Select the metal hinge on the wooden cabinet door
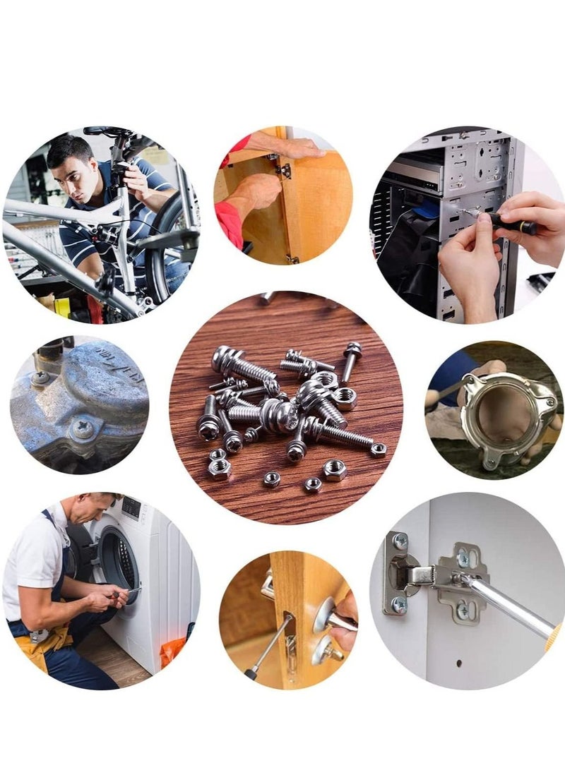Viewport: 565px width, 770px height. click(x=285, y=170)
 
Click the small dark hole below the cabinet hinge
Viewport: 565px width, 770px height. click(x=457, y=663)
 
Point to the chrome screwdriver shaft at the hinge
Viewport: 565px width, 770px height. click(x=509, y=607)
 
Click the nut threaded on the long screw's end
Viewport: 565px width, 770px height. click(x=379, y=450)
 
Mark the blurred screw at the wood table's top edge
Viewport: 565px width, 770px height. click(x=266, y=297)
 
